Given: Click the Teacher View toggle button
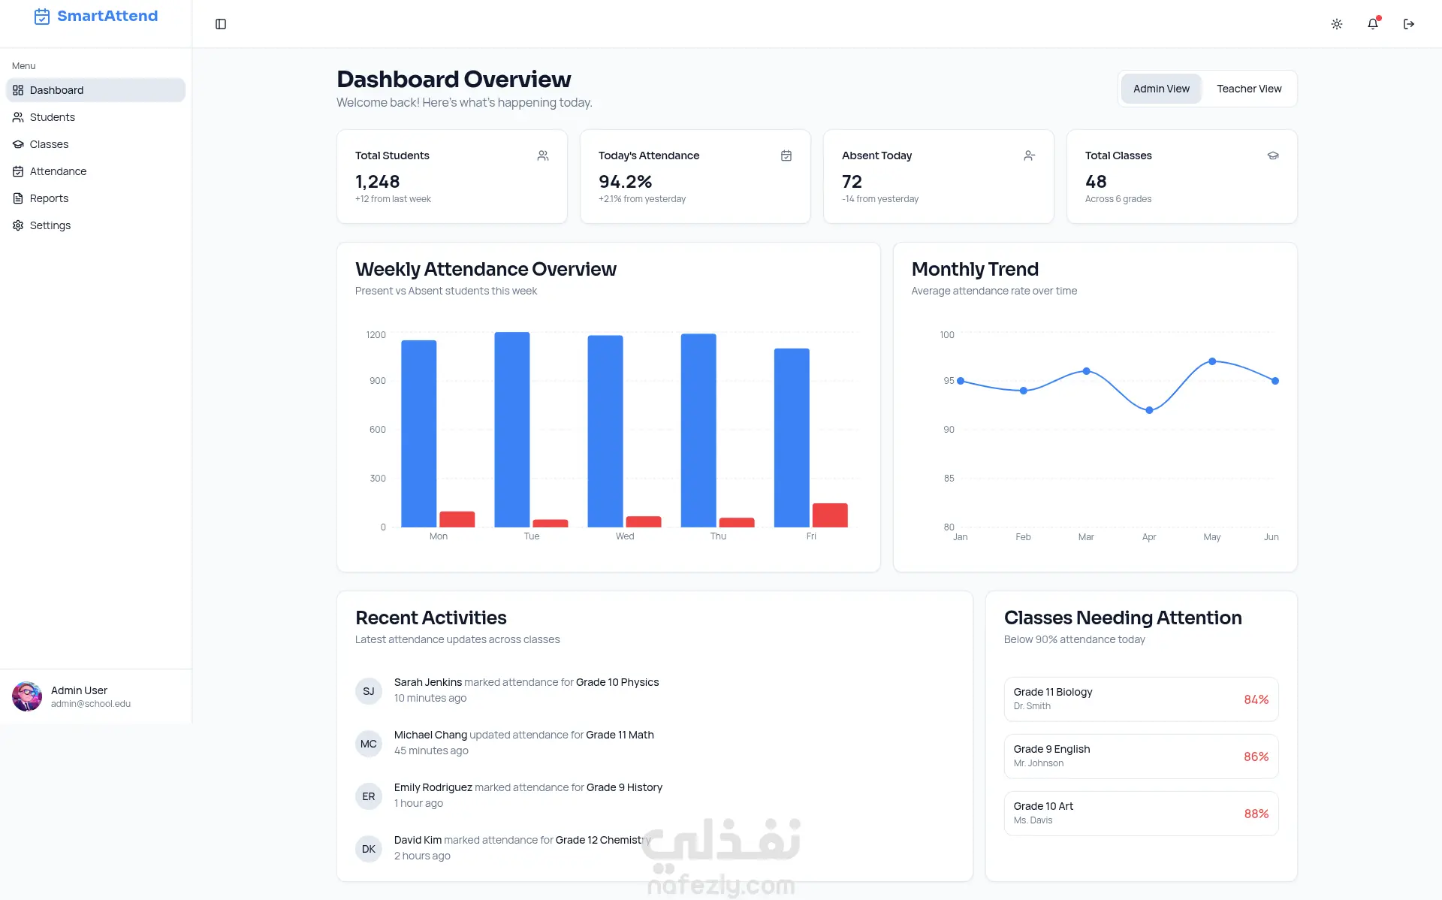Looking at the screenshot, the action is [1249, 89].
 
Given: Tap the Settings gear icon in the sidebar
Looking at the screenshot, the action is [18, 225].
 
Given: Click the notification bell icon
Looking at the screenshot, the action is [1373, 24].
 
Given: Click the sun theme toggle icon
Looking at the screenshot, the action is [1337, 24].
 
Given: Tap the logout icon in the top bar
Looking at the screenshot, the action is [1409, 24].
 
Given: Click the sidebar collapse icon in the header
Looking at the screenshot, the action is [221, 24].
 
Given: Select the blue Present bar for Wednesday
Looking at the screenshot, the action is [605, 431].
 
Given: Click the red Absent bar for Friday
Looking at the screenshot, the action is [830, 515].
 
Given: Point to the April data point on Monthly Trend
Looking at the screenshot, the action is [1149, 410].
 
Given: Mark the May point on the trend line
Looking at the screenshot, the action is [1212, 361].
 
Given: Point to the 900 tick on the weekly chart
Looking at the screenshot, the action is [378, 381].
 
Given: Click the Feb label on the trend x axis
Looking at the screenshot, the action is [1023, 537].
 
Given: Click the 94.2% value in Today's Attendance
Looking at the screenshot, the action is [625, 182].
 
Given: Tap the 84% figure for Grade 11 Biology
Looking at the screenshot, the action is [1256, 699].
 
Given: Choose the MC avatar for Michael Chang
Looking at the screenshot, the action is [369, 744].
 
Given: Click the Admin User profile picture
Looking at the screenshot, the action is [27, 696].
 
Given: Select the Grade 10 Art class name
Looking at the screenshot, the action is [1043, 806].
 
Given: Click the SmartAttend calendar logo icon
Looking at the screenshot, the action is [42, 17].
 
